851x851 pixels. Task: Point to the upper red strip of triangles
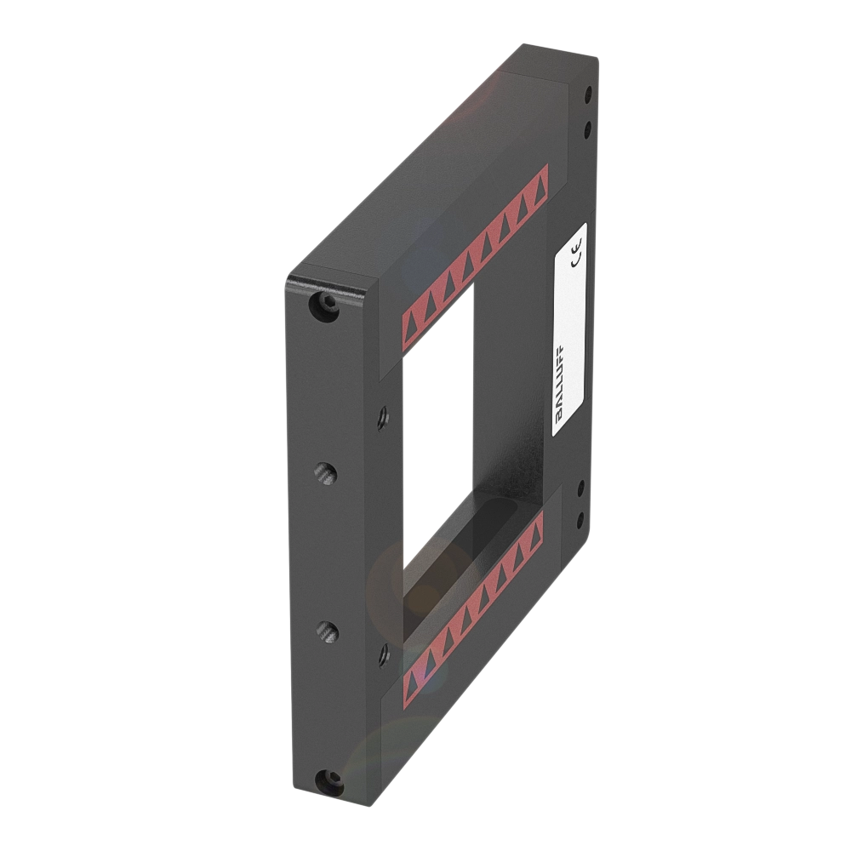(475, 254)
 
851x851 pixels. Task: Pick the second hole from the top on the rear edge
(586, 129)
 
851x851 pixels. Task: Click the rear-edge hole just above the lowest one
(581, 488)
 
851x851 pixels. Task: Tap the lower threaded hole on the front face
(324, 631)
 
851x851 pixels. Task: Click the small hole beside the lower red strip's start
(382, 654)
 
